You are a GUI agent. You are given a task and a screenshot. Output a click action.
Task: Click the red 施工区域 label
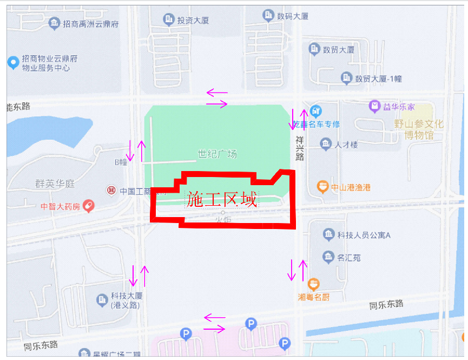pyautogui.click(x=221, y=200)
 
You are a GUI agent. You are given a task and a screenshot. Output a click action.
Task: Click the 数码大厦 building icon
pyautogui.click(x=268, y=15)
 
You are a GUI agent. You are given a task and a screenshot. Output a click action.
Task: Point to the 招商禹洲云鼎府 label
pyautogui.click(x=90, y=24)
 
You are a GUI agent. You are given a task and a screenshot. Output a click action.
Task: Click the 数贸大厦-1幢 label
pyautogui.click(x=378, y=79)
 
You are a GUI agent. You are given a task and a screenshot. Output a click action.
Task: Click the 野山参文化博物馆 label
pyautogui.click(x=419, y=129)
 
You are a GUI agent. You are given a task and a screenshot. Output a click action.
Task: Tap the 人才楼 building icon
pyautogui.click(x=326, y=144)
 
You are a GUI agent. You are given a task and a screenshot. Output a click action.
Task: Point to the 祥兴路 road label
pyautogui.click(x=300, y=148)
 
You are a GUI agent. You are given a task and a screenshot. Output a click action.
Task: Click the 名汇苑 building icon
pyautogui.click(x=328, y=257)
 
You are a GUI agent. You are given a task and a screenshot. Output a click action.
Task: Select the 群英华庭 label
pyautogui.click(x=55, y=184)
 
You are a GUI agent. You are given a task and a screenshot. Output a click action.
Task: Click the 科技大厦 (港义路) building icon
pyautogui.click(x=101, y=299)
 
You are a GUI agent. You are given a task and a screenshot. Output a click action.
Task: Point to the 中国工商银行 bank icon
pyautogui.click(x=111, y=190)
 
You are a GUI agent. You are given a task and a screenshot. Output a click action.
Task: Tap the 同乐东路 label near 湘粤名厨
pyautogui.click(x=386, y=304)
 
